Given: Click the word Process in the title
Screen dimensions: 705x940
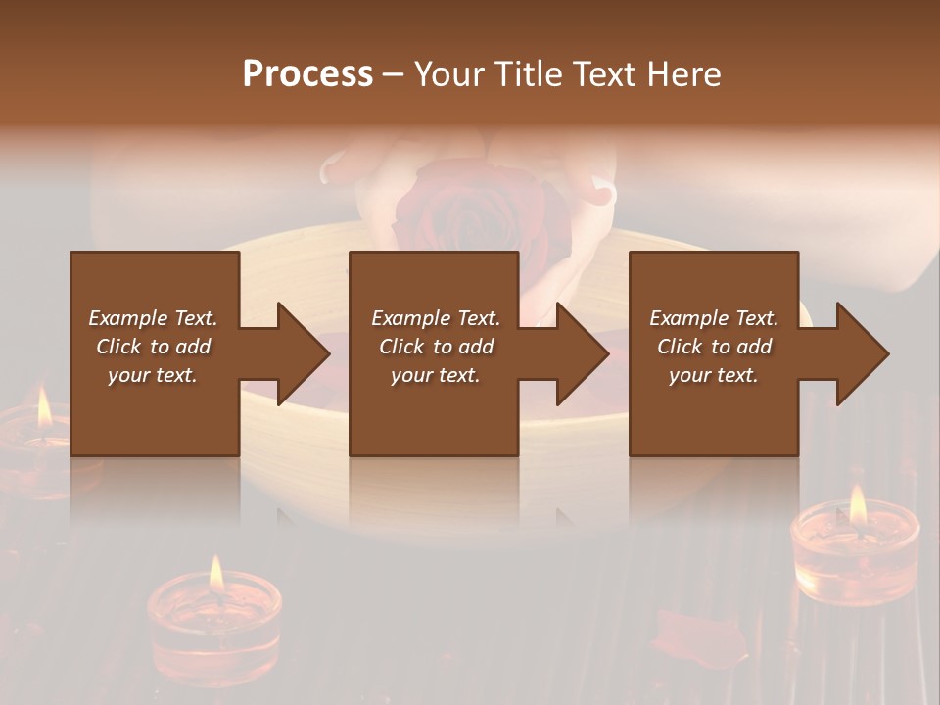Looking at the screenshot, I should [x=307, y=74].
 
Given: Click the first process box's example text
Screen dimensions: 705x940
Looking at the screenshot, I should [x=153, y=347].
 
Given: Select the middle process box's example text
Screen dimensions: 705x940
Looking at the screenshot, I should [x=435, y=347].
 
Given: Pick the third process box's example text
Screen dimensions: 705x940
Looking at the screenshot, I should [x=714, y=347].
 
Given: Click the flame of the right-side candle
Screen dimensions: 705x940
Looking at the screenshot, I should [x=858, y=503].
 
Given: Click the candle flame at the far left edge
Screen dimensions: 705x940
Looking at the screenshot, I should [x=44, y=406].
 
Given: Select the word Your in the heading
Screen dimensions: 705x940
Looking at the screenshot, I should [x=448, y=74].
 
